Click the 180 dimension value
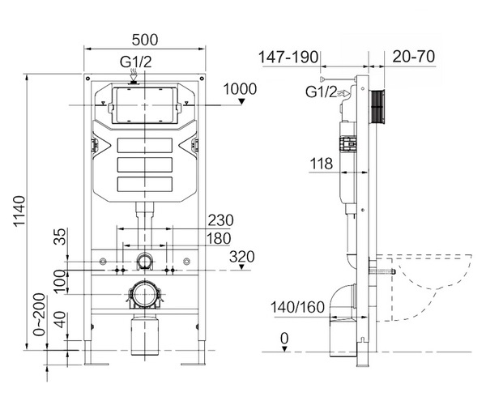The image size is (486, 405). click(x=217, y=238)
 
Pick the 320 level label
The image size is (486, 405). click(x=242, y=258)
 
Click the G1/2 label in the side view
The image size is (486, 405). click(x=321, y=92)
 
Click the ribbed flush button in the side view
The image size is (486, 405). click(x=376, y=106)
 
